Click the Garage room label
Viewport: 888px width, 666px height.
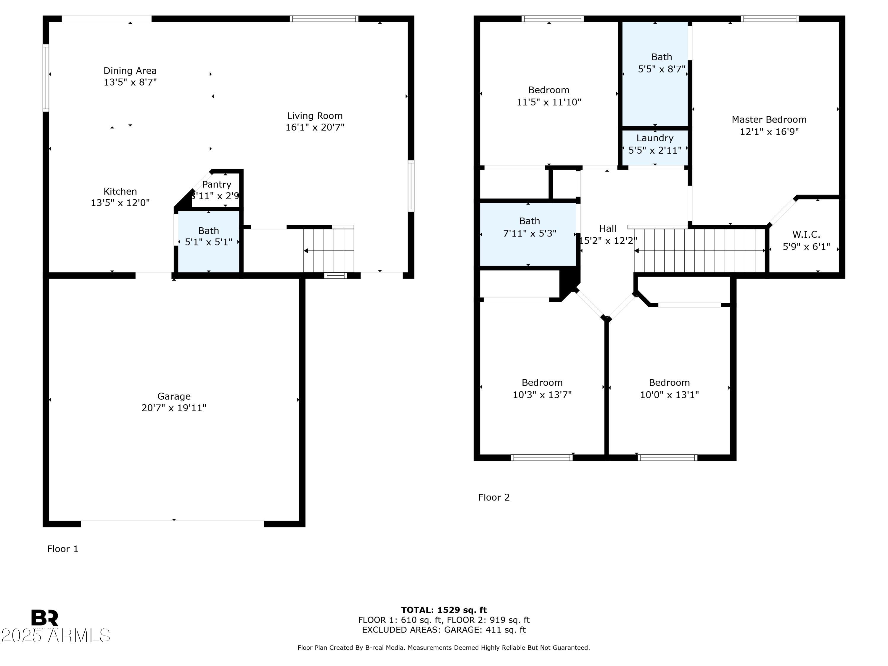click(174, 396)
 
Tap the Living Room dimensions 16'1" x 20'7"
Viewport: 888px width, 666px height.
click(315, 127)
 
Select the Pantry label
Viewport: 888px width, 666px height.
click(217, 184)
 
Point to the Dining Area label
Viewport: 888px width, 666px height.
click(130, 71)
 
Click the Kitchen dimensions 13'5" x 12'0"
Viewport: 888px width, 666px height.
click(120, 203)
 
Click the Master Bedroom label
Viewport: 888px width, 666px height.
click(769, 120)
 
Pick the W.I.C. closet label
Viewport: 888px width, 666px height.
click(806, 234)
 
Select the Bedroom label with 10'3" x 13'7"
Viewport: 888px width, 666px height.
click(542, 382)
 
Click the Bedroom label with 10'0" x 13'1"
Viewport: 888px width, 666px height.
click(669, 382)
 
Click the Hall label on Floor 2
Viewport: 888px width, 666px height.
click(607, 229)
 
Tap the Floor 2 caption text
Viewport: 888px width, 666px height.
click(494, 497)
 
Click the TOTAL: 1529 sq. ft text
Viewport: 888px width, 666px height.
click(444, 610)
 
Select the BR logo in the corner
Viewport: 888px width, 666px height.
click(45, 618)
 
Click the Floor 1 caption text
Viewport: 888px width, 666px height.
click(63, 549)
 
